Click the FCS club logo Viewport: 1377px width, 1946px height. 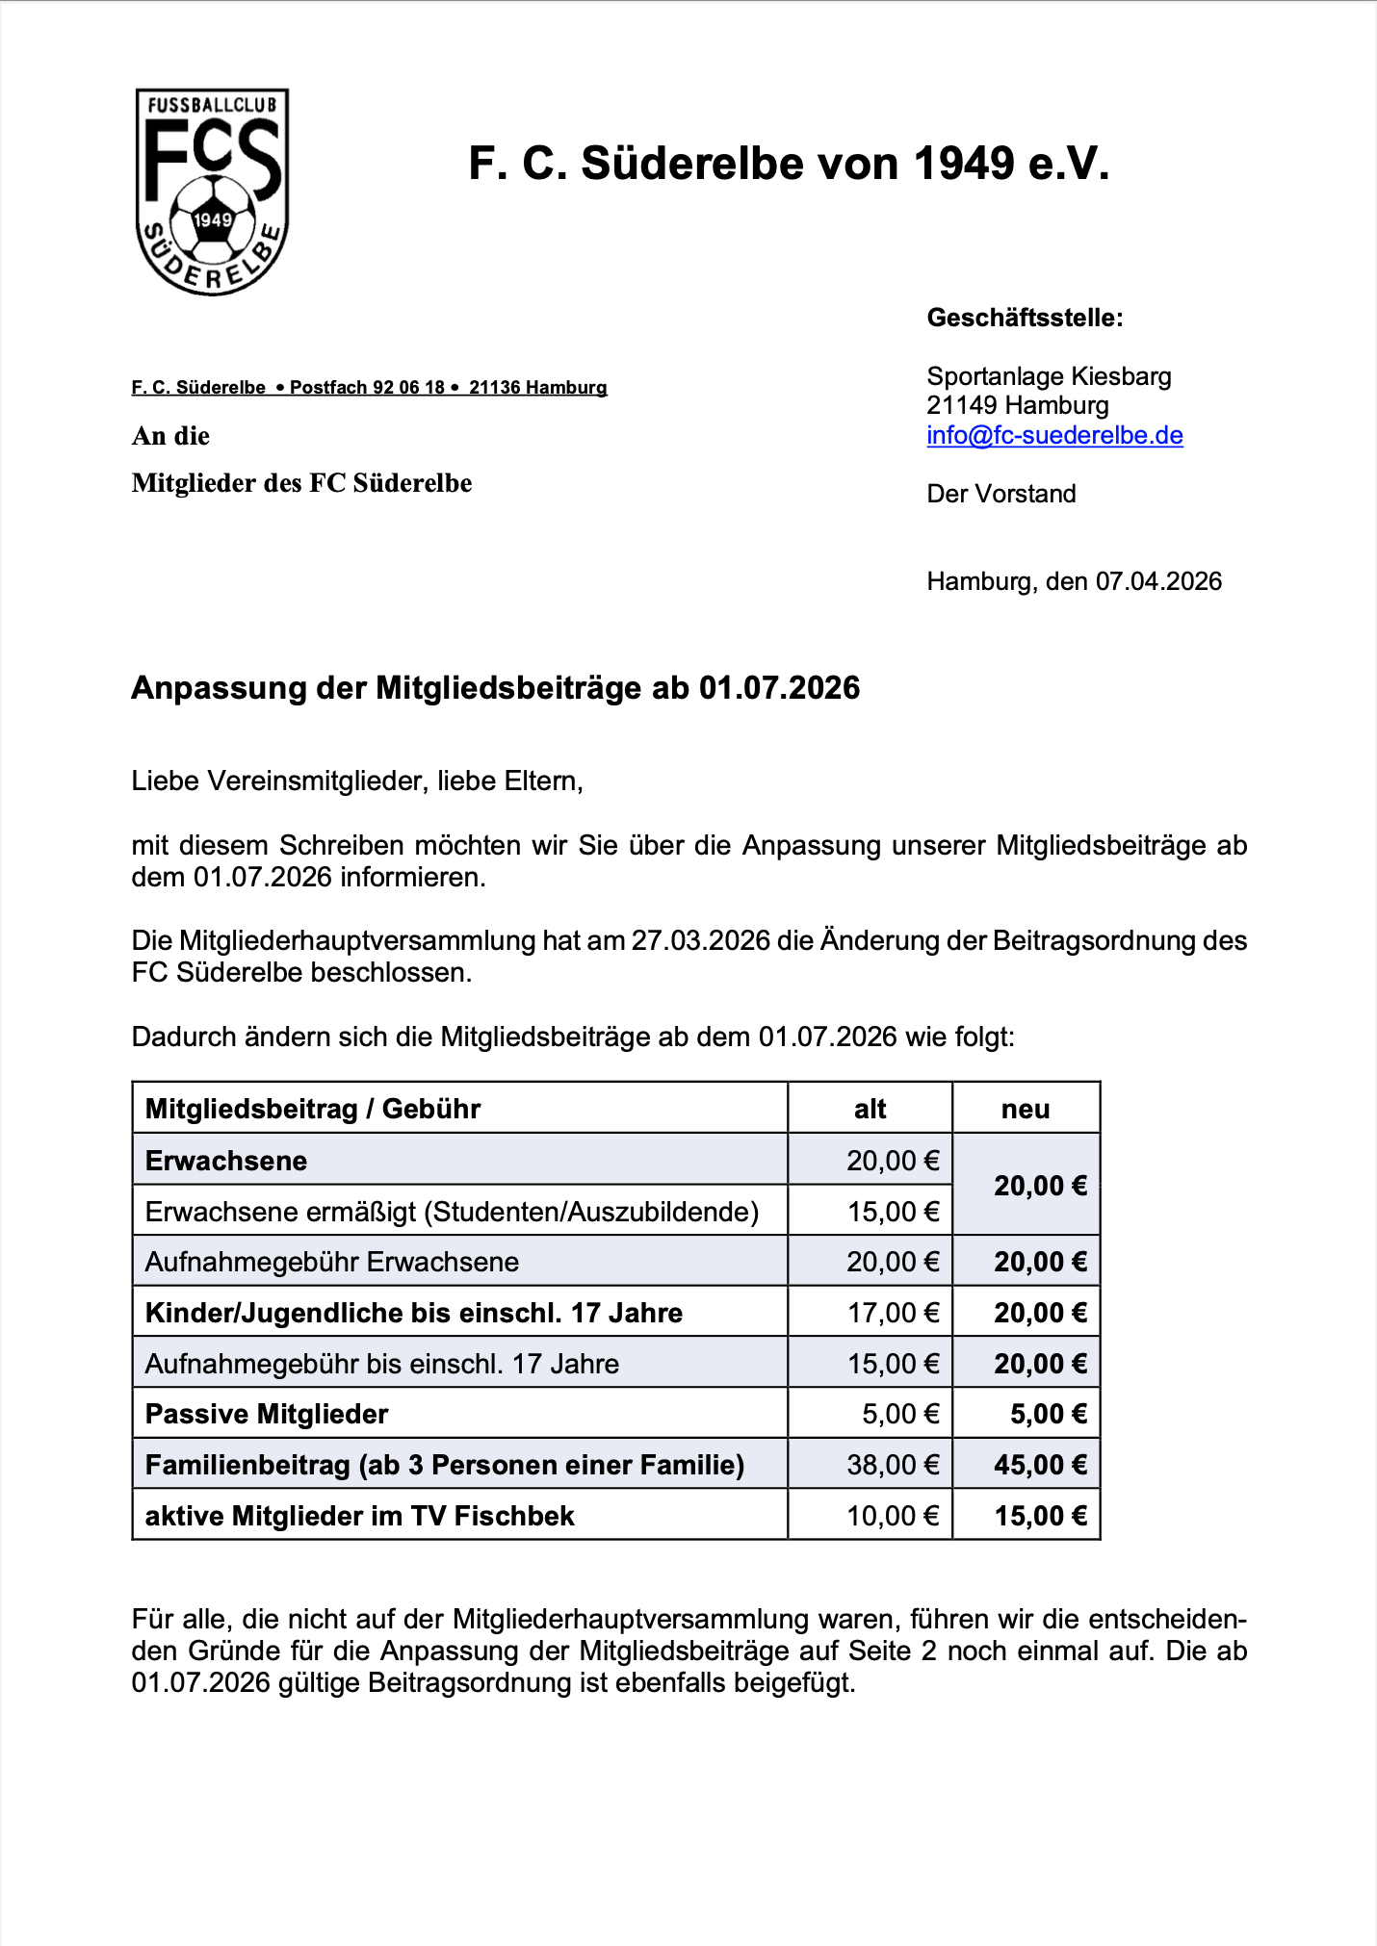coord(212,192)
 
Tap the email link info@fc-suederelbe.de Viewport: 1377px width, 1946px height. coord(1054,436)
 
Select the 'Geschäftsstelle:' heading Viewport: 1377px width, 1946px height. coord(1025,319)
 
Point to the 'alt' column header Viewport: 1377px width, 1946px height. coord(870,1109)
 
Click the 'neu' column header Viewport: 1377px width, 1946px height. coord(1026,1109)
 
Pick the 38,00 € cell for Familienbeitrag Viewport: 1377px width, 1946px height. coord(893,1465)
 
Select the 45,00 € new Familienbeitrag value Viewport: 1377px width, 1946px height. coord(1040,1465)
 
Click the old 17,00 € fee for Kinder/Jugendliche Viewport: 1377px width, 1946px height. coord(893,1313)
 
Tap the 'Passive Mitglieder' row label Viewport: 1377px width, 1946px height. coord(267,1414)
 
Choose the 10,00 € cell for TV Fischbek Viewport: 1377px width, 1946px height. coord(893,1516)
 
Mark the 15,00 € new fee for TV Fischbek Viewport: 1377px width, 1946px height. coord(1040,1516)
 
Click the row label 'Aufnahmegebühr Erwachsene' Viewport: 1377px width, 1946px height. coord(332,1262)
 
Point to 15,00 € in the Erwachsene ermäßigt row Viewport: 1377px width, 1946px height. coord(893,1212)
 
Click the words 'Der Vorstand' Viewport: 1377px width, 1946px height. coord(1001,494)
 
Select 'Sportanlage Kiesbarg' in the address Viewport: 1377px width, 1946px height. coord(1049,376)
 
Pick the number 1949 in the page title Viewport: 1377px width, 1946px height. coord(963,164)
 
